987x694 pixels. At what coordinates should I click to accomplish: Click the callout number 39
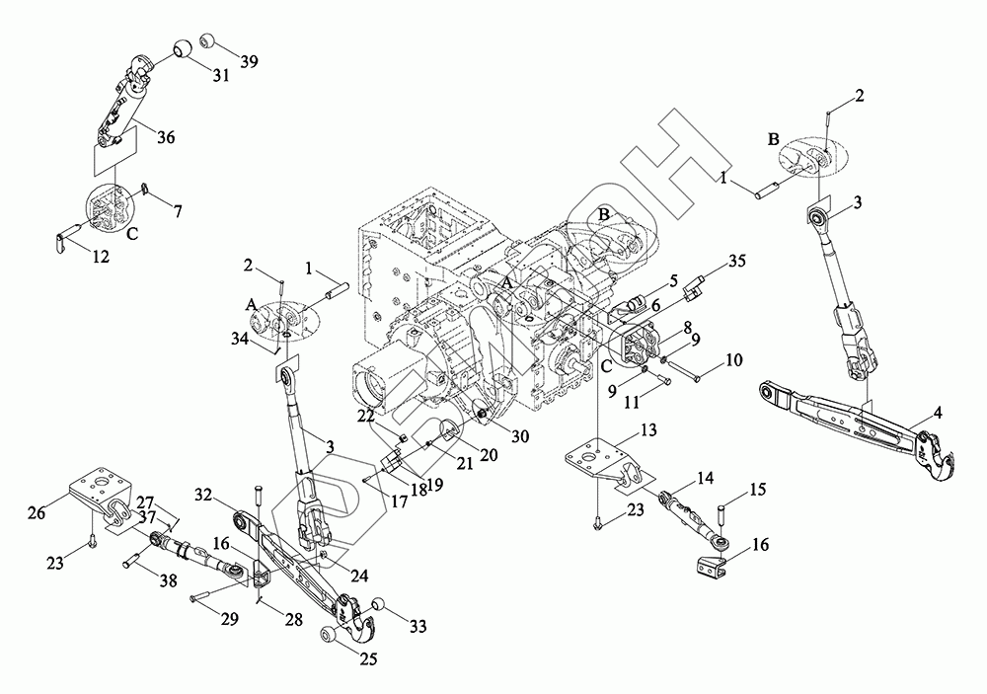(250, 62)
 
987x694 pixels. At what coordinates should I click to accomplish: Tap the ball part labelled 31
(183, 47)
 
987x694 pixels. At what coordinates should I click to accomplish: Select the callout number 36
(166, 136)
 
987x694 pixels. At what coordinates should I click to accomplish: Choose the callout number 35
(737, 260)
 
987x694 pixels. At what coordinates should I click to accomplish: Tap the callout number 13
(648, 429)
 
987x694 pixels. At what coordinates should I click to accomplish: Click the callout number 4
(938, 413)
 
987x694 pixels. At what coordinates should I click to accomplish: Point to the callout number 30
(520, 436)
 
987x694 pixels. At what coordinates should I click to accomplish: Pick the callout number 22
(366, 417)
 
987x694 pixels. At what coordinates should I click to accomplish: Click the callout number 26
(38, 512)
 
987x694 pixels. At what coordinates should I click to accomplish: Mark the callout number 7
(178, 211)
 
